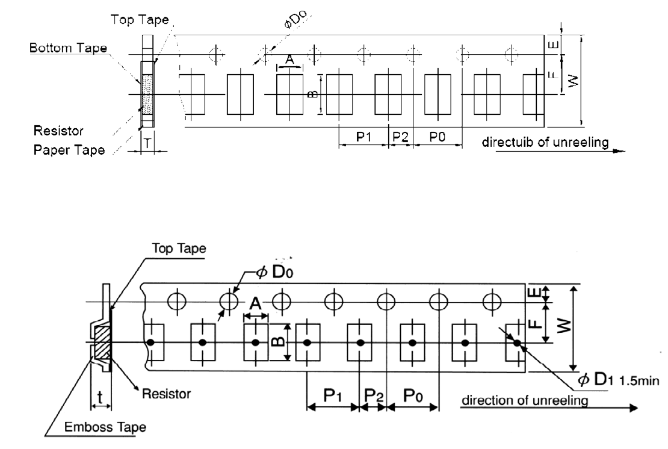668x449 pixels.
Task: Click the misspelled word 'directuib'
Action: [x=503, y=142]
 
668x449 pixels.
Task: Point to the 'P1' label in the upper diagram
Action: [x=363, y=137]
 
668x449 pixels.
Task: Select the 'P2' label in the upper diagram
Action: [x=400, y=137]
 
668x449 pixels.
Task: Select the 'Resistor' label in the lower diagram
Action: [x=166, y=394]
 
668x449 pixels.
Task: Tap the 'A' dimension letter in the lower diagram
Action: [x=255, y=305]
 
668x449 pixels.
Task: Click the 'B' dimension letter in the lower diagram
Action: [x=277, y=341]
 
